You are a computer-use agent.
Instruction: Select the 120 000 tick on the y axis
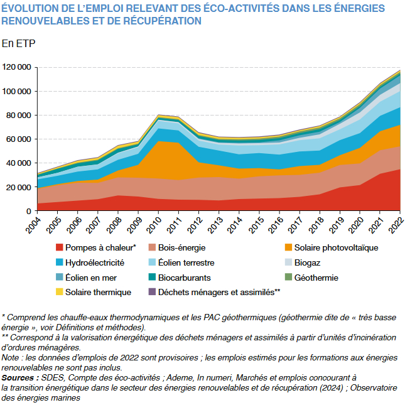click(17, 67)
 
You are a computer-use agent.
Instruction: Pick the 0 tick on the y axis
click(29, 212)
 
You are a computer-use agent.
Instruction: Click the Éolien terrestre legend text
click(186, 262)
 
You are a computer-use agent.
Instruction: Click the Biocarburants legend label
click(184, 278)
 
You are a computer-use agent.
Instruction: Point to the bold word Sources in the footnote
click(19, 377)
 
